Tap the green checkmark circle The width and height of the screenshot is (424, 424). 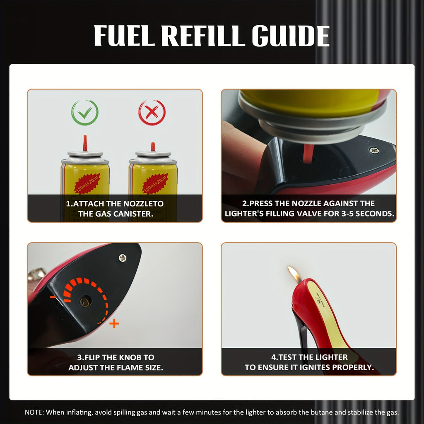(84, 113)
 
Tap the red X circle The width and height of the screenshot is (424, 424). (152, 113)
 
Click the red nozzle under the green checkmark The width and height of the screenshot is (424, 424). (85, 143)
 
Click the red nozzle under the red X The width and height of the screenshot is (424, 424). (152, 146)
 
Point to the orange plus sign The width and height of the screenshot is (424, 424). (114, 324)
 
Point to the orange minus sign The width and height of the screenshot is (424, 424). (53, 297)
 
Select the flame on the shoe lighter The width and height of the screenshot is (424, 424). (294, 274)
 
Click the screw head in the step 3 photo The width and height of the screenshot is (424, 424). (123, 258)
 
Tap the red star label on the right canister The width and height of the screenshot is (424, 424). (155, 183)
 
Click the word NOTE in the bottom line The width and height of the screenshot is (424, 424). (34, 412)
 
